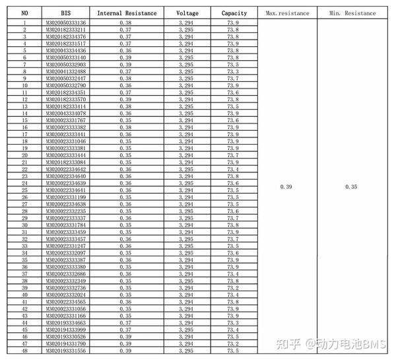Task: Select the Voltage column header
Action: (x=187, y=13)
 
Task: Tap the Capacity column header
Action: (x=233, y=13)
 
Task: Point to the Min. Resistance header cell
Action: (x=352, y=13)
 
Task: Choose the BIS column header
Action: (x=65, y=13)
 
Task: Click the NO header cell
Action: (x=24, y=13)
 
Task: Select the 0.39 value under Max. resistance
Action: (x=285, y=187)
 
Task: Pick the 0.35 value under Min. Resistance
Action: (x=352, y=187)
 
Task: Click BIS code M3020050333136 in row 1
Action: (x=65, y=23)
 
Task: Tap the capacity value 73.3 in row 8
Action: (x=233, y=71)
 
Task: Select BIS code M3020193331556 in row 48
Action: (x=65, y=351)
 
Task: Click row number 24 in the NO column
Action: (x=24, y=183)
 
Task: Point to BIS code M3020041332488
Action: (x=65, y=71)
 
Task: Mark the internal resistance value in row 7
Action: (x=125, y=65)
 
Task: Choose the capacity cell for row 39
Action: (x=233, y=288)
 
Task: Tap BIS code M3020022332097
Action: (x=65, y=253)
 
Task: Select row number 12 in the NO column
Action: (x=24, y=99)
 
